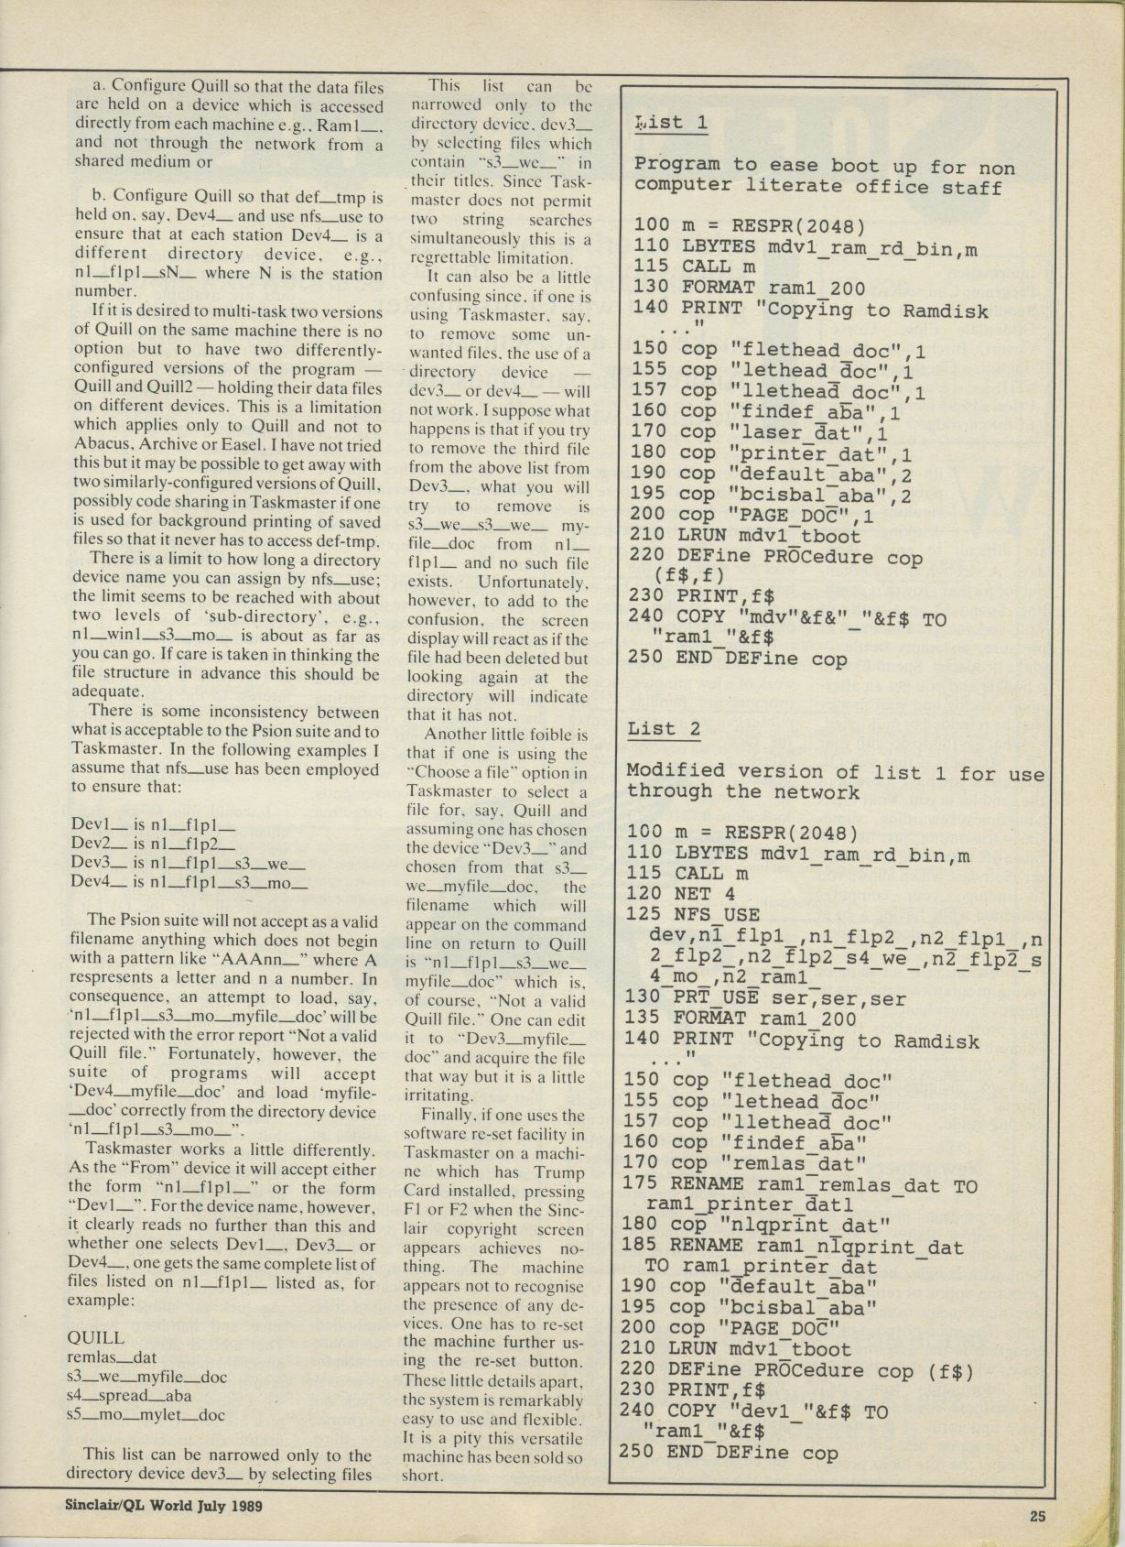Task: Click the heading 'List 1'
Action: (x=671, y=123)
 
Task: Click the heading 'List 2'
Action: (x=664, y=729)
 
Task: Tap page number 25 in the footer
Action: (x=1036, y=1516)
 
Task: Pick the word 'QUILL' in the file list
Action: (x=95, y=1338)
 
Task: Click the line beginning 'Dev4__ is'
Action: (x=189, y=885)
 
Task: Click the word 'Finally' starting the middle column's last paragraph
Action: (x=448, y=1116)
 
